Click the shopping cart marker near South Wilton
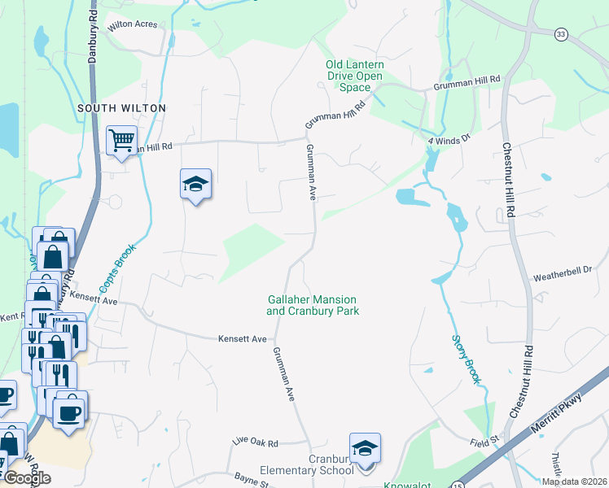(x=121, y=141)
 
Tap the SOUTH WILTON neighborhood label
(x=121, y=108)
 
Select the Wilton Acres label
(x=131, y=25)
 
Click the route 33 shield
(x=560, y=33)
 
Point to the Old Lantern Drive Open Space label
(x=354, y=76)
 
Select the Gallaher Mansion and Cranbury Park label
(x=313, y=305)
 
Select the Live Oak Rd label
(x=255, y=443)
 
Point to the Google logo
(x=26, y=478)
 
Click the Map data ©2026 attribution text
(x=573, y=481)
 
